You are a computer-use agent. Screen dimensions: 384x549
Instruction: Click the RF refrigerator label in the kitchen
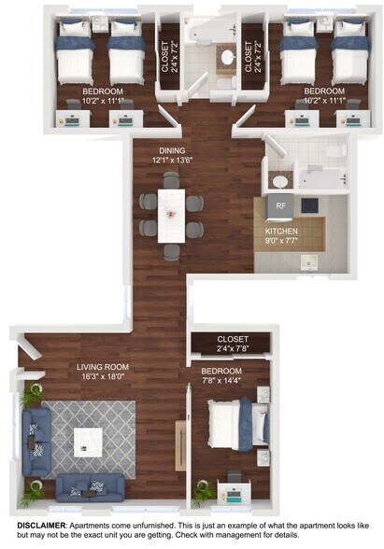pyautogui.click(x=280, y=205)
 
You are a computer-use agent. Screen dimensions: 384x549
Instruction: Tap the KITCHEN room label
pyautogui.click(x=281, y=232)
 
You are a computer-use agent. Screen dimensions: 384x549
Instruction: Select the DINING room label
pyautogui.click(x=172, y=150)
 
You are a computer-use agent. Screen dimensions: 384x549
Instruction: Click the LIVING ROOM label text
pyautogui.click(x=103, y=367)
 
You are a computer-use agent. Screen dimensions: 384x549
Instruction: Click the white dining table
pyautogui.click(x=171, y=216)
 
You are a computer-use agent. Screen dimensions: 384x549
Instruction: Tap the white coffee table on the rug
pyautogui.click(x=88, y=443)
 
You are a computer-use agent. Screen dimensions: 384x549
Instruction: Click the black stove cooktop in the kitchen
pyautogui.click(x=310, y=205)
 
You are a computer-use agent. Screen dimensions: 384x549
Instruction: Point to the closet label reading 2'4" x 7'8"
pyautogui.click(x=233, y=348)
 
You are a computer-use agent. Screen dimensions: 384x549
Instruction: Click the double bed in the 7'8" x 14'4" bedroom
pyautogui.click(x=239, y=424)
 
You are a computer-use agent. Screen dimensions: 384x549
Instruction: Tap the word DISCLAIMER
pyautogui.click(x=41, y=526)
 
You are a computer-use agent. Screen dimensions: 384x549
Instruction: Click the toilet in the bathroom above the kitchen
pyautogui.click(x=335, y=151)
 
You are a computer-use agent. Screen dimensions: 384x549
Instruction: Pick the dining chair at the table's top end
pyautogui.click(x=171, y=180)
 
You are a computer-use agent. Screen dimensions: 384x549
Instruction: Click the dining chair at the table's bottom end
pyautogui.click(x=172, y=252)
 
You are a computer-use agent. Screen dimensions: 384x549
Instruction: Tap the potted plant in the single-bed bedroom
pyautogui.click(x=203, y=492)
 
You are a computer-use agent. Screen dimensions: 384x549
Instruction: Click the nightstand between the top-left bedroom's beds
pyautogui.click(x=101, y=23)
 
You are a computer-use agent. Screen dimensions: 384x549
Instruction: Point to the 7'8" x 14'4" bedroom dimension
pyautogui.click(x=221, y=381)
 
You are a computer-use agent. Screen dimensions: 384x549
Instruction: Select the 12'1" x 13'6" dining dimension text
pyautogui.click(x=172, y=161)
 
